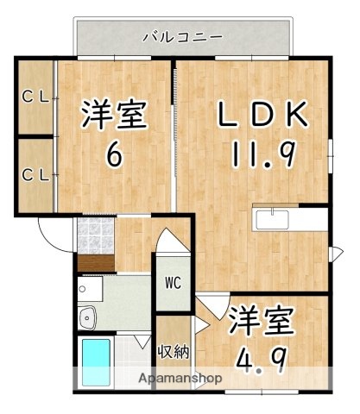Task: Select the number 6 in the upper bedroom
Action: tap(112, 156)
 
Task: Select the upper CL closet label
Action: tap(35, 97)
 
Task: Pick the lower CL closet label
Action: tap(35, 175)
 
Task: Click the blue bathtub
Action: tap(96, 361)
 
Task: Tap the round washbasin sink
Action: tap(88, 319)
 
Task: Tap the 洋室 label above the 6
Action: tap(112, 115)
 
